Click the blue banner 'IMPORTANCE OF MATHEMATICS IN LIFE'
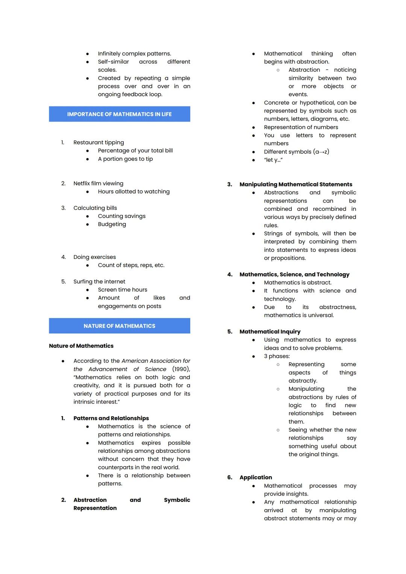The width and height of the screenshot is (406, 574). tap(119, 114)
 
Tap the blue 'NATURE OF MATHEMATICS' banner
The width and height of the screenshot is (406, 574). tap(119, 326)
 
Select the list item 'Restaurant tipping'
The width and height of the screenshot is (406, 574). tap(98, 142)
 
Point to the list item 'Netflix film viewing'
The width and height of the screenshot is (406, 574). tap(98, 183)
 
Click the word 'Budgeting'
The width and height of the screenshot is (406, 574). tap(112, 224)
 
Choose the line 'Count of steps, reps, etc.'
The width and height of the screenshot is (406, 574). tap(131, 265)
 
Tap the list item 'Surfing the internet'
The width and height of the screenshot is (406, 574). tap(99, 282)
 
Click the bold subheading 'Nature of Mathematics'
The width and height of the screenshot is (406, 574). tap(81, 346)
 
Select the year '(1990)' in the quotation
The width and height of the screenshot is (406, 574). tap(181, 369)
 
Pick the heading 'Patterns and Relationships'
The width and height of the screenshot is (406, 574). tap(111, 418)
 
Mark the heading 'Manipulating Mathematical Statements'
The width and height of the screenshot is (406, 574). tap(296, 184)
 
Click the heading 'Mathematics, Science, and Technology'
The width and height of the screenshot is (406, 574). tap(294, 274)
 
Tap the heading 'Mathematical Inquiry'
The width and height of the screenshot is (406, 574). tap(270, 332)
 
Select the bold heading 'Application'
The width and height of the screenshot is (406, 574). tap(256, 477)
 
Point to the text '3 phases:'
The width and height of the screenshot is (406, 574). tap(277, 356)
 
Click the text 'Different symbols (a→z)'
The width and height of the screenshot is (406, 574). tap(296, 152)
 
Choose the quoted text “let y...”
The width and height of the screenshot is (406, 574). tap(273, 160)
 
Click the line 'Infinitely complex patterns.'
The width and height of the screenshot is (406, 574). tap(134, 53)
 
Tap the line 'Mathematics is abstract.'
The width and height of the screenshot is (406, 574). tap(297, 283)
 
